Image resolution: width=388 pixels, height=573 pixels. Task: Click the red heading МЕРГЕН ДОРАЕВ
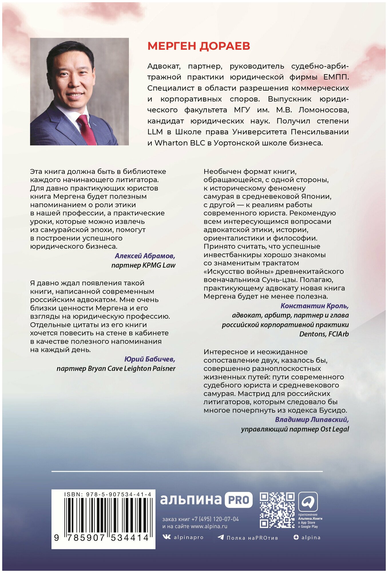coord(199,46)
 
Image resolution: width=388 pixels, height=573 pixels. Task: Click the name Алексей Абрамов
coord(145,256)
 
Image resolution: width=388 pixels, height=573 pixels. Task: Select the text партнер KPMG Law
coord(143,265)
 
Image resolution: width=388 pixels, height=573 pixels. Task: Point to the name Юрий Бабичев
coord(150,359)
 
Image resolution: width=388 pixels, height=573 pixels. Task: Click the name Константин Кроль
coord(314,306)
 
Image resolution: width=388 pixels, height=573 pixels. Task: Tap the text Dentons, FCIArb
coord(324,334)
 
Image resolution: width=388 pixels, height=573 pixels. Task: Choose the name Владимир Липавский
coord(312,420)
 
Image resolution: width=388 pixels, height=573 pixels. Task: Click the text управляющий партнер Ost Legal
coord(295,429)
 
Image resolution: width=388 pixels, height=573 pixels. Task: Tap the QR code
coord(277,510)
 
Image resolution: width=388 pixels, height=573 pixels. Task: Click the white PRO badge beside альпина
coord(239,500)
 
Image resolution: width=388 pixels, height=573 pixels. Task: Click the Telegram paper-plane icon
coord(221,537)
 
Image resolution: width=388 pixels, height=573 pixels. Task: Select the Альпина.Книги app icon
coord(308,502)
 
